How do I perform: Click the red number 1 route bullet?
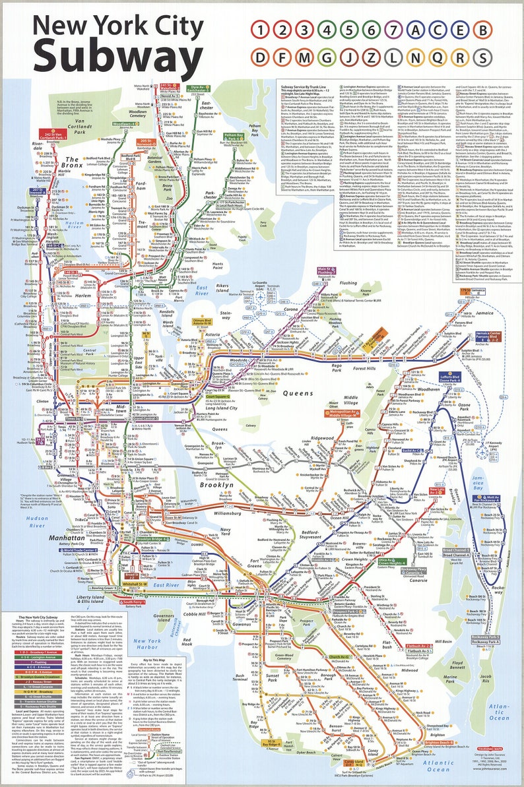261,30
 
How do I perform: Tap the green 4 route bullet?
327,30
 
